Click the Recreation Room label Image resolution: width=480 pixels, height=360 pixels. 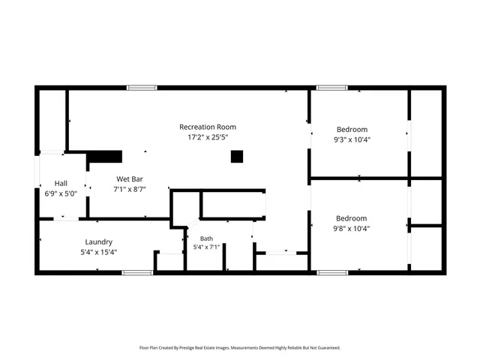(208, 127)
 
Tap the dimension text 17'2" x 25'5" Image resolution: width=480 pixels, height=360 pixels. (208, 137)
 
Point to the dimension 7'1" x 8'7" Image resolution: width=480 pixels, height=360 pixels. (129, 190)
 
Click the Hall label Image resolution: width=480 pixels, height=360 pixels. (61, 183)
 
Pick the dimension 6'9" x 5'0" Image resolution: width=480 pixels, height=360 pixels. (61, 193)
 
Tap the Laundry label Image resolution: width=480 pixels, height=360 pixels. (98, 241)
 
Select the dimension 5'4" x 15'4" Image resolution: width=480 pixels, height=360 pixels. (98, 252)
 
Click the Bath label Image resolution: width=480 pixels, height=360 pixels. (205, 238)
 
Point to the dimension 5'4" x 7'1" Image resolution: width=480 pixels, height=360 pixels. (205, 247)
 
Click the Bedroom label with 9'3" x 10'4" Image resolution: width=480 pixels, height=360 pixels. (352, 129)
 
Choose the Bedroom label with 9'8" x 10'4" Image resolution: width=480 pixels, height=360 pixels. (352, 218)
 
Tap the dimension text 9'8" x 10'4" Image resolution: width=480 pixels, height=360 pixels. (352, 229)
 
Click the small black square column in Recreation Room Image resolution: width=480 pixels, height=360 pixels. (237, 157)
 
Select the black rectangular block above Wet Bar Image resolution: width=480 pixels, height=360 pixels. (105, 157)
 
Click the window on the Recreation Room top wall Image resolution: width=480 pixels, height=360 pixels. (142, 88)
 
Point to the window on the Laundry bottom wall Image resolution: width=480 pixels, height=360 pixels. (136, 273)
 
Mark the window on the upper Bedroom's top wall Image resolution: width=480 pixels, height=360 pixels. (331, 88)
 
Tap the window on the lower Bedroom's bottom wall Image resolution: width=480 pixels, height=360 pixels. (331, 273)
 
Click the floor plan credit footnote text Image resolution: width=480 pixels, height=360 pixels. (240, 348)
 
